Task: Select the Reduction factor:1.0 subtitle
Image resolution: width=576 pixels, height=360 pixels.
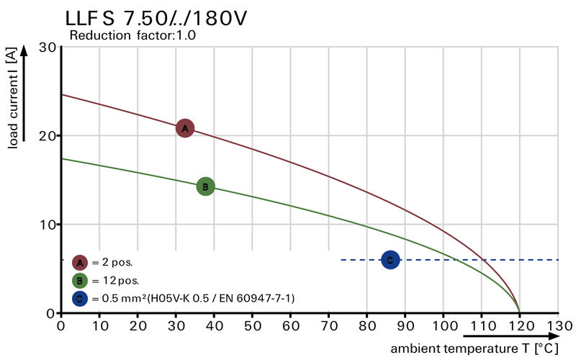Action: tap(132, 35)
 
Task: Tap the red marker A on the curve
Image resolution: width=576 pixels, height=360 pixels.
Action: tap(185, 128)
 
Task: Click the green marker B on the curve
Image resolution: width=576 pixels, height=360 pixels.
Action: tap(205, 186)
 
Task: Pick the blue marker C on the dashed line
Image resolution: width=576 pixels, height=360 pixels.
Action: tap(390, 260)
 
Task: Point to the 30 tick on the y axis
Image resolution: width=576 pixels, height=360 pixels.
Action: tap(48, 47)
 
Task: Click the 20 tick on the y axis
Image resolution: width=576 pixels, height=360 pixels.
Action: tap(48, 135)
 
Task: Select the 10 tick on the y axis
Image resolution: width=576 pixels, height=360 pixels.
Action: tap(48, 225)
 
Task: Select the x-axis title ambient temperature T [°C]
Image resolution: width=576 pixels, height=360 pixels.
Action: tap(474, 349)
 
